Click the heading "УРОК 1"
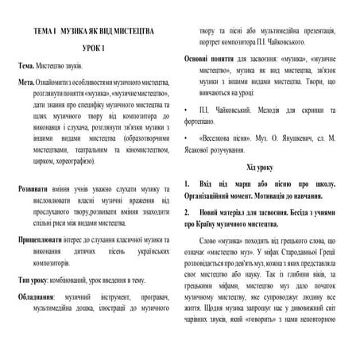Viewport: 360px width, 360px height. coord(93,50)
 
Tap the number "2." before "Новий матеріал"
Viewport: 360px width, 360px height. coord(188,214)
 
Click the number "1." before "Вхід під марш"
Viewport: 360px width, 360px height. coord(188,182)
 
